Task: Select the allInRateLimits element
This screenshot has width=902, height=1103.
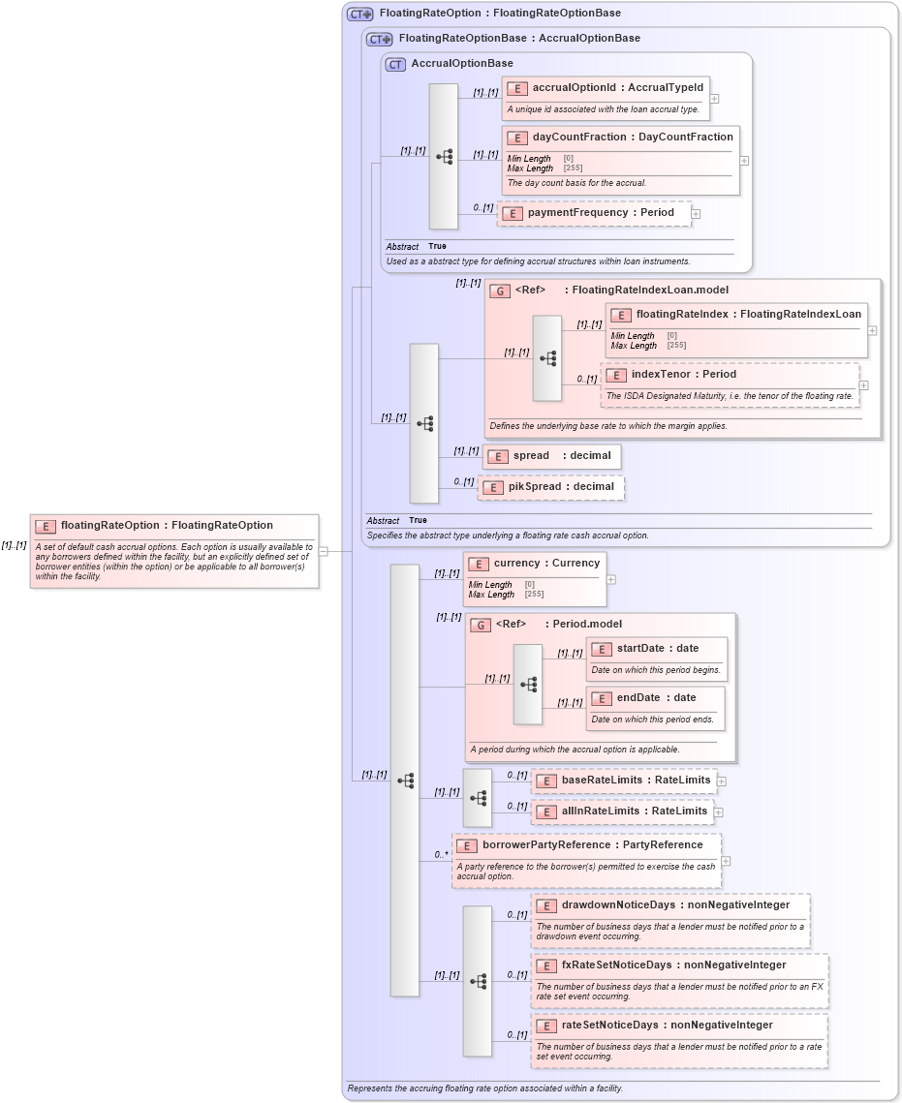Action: (x=621, y=812)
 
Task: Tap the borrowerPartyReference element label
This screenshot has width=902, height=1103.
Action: (x=592, y=845)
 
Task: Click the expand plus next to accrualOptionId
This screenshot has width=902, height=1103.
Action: (x=714, y=98)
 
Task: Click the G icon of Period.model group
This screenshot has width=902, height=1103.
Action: (x=480, y=626)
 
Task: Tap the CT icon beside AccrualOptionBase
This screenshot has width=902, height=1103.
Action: (x=395, y=65)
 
